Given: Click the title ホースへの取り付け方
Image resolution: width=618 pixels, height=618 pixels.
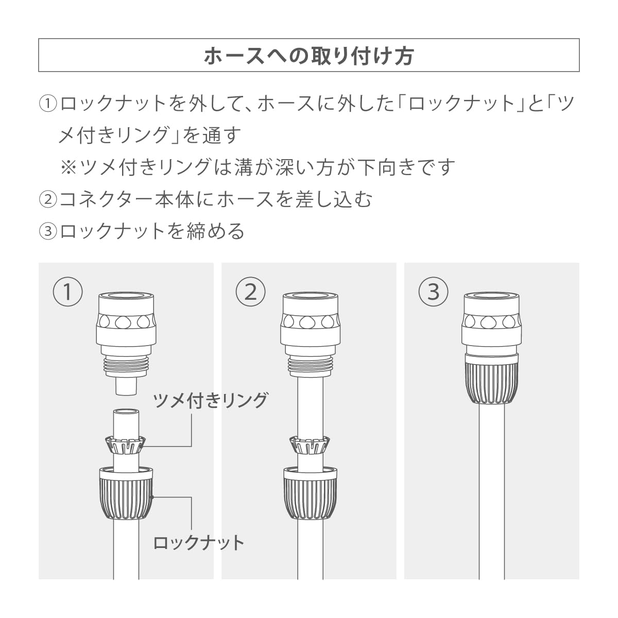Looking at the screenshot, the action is [308, 56].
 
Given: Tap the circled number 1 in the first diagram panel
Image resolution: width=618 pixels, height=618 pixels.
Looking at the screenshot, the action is [67, 291].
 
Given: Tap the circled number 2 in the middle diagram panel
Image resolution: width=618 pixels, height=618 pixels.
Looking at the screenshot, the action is [250, 291].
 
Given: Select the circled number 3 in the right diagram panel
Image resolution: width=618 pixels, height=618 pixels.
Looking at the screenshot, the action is [433, 291].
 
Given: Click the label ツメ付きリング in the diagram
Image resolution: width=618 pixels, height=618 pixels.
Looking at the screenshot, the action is [211, 401].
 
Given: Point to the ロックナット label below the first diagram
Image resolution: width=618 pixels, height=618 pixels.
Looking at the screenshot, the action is [199, 543].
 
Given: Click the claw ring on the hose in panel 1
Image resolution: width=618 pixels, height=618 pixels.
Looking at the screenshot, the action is [126, 445].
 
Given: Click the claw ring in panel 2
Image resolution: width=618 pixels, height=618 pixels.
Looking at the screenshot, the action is [310, 445].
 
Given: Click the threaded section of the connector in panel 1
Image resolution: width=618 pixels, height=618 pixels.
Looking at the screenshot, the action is [126, 366].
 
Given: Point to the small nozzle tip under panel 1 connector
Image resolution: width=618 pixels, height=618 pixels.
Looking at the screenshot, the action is [126, 386].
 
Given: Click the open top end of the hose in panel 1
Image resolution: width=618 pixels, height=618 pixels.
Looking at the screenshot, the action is [126, 412].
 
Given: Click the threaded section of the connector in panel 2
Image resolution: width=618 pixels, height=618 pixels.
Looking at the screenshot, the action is [310, 366].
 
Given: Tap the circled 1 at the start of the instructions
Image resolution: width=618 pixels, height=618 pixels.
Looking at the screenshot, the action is [48, 104].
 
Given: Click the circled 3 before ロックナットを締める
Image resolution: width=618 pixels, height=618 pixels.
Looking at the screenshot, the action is [48, 231].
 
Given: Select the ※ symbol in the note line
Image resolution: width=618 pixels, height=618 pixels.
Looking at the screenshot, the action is [68, 167].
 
